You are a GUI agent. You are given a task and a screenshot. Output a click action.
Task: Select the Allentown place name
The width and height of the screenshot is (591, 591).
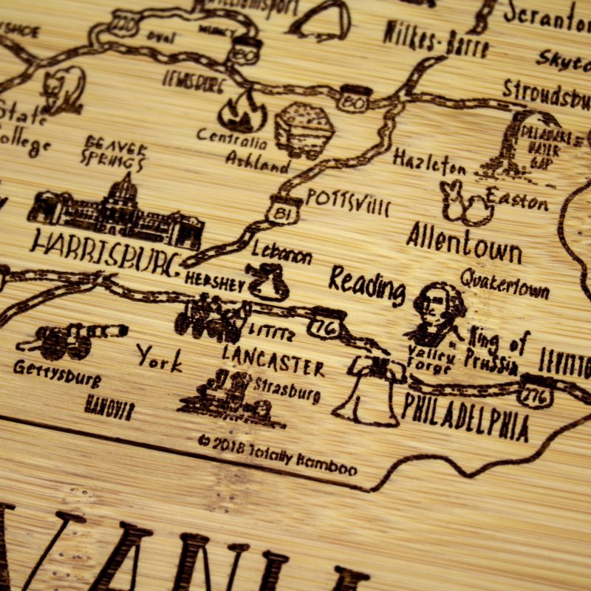pos(463,243)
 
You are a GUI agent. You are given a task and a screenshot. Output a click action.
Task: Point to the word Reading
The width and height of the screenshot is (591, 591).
pos(367,284)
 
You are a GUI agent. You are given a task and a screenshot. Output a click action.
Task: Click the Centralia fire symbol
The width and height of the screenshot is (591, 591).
pos(242,112)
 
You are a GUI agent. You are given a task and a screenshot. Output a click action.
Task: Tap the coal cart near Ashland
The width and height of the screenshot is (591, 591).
pos(304,129)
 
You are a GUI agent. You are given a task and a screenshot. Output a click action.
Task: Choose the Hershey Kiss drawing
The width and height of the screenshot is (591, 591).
pos(268,281)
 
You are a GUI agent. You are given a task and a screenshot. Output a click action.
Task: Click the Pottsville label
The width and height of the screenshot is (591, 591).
pos(347,200)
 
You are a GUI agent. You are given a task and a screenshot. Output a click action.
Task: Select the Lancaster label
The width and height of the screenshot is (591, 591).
pos(273,361)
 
